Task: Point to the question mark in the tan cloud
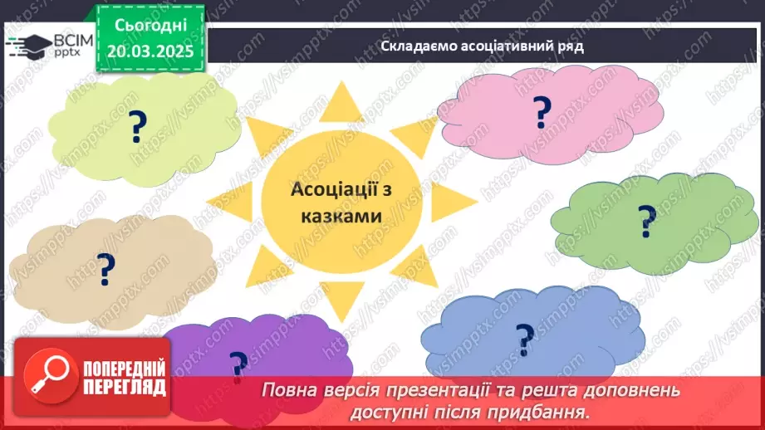point(106,267)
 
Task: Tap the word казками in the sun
point(341,216)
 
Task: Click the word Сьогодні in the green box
point(150,27)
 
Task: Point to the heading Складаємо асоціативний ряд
point(482,46)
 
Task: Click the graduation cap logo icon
point(27,45)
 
